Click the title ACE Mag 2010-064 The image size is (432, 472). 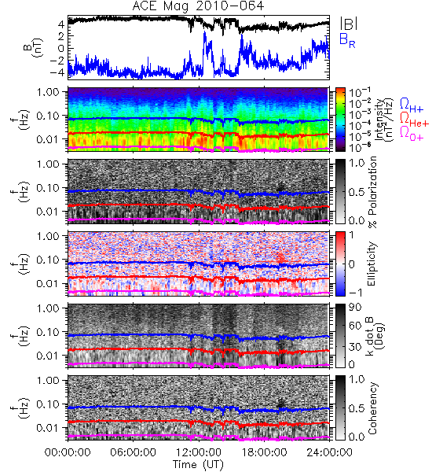click(x=198, y=6)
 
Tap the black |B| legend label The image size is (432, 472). click(x=349, y=24)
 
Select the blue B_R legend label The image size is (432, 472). click(x=347, y=40)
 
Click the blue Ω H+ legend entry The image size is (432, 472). click(x=412, y=105)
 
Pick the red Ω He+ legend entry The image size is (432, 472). click(x=414, y=120)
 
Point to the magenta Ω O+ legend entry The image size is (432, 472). click(x=412, y=134)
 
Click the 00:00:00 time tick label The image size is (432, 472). click(x=68, y=452)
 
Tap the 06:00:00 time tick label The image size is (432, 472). click(x=133, y=452)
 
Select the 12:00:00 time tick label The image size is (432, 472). click(x=199, y=452)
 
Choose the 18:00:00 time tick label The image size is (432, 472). click(x=264, y=452)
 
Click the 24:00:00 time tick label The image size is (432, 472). click(x=329, y=452)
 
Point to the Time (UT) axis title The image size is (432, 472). click(x=198, y=465)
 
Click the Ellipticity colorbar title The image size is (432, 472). click(x=372, y=264)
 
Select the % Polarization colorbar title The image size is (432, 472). click(x=372, y=192)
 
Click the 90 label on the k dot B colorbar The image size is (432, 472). click(x=355, y=308)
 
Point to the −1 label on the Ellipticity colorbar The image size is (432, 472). click(x=355, y=293)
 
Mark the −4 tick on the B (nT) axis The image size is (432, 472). click(x=57, y=72)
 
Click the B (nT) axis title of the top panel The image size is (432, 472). click(x=32, y=47)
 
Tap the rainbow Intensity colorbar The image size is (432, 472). click(x=340, y=120)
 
